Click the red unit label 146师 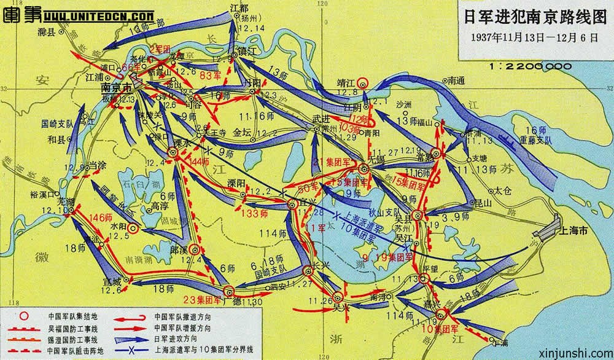[x=101, y=217]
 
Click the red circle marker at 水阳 [x=132, y=227]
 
